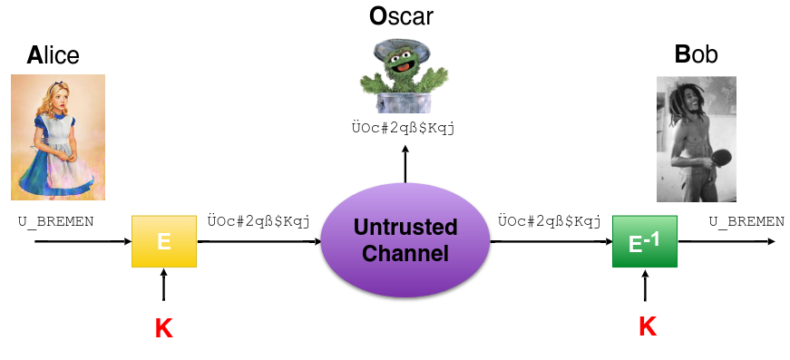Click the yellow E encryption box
click(x=164, y=241)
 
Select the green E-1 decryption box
click(x=644, y=241)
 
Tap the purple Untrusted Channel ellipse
click(x=405, y=240)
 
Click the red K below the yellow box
click(x=164, y=329)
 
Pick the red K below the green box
click(x=648, y=326)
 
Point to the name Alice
click(x=53, y=55)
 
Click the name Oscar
click(x=401, y=16)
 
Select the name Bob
click(x=696, y=55)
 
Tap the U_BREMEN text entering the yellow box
click(x=56, y=221)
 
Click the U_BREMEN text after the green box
click(x=746, y=221)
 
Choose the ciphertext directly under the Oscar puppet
click(x=403, y=128)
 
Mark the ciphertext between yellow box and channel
click(x=258, y=221)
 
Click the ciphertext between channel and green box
click(x=549, y=221)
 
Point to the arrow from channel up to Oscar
click(x=405, y=163)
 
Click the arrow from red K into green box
click(x=645, y=285)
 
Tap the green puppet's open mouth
click(x=402, y=65)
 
